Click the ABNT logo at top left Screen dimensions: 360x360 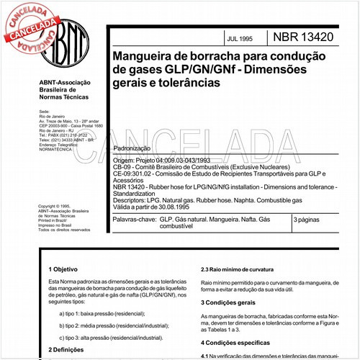66,42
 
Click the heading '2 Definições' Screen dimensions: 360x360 66,349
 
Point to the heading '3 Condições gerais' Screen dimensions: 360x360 230,303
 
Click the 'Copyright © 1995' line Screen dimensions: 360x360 58,206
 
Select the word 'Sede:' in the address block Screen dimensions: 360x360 43,112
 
